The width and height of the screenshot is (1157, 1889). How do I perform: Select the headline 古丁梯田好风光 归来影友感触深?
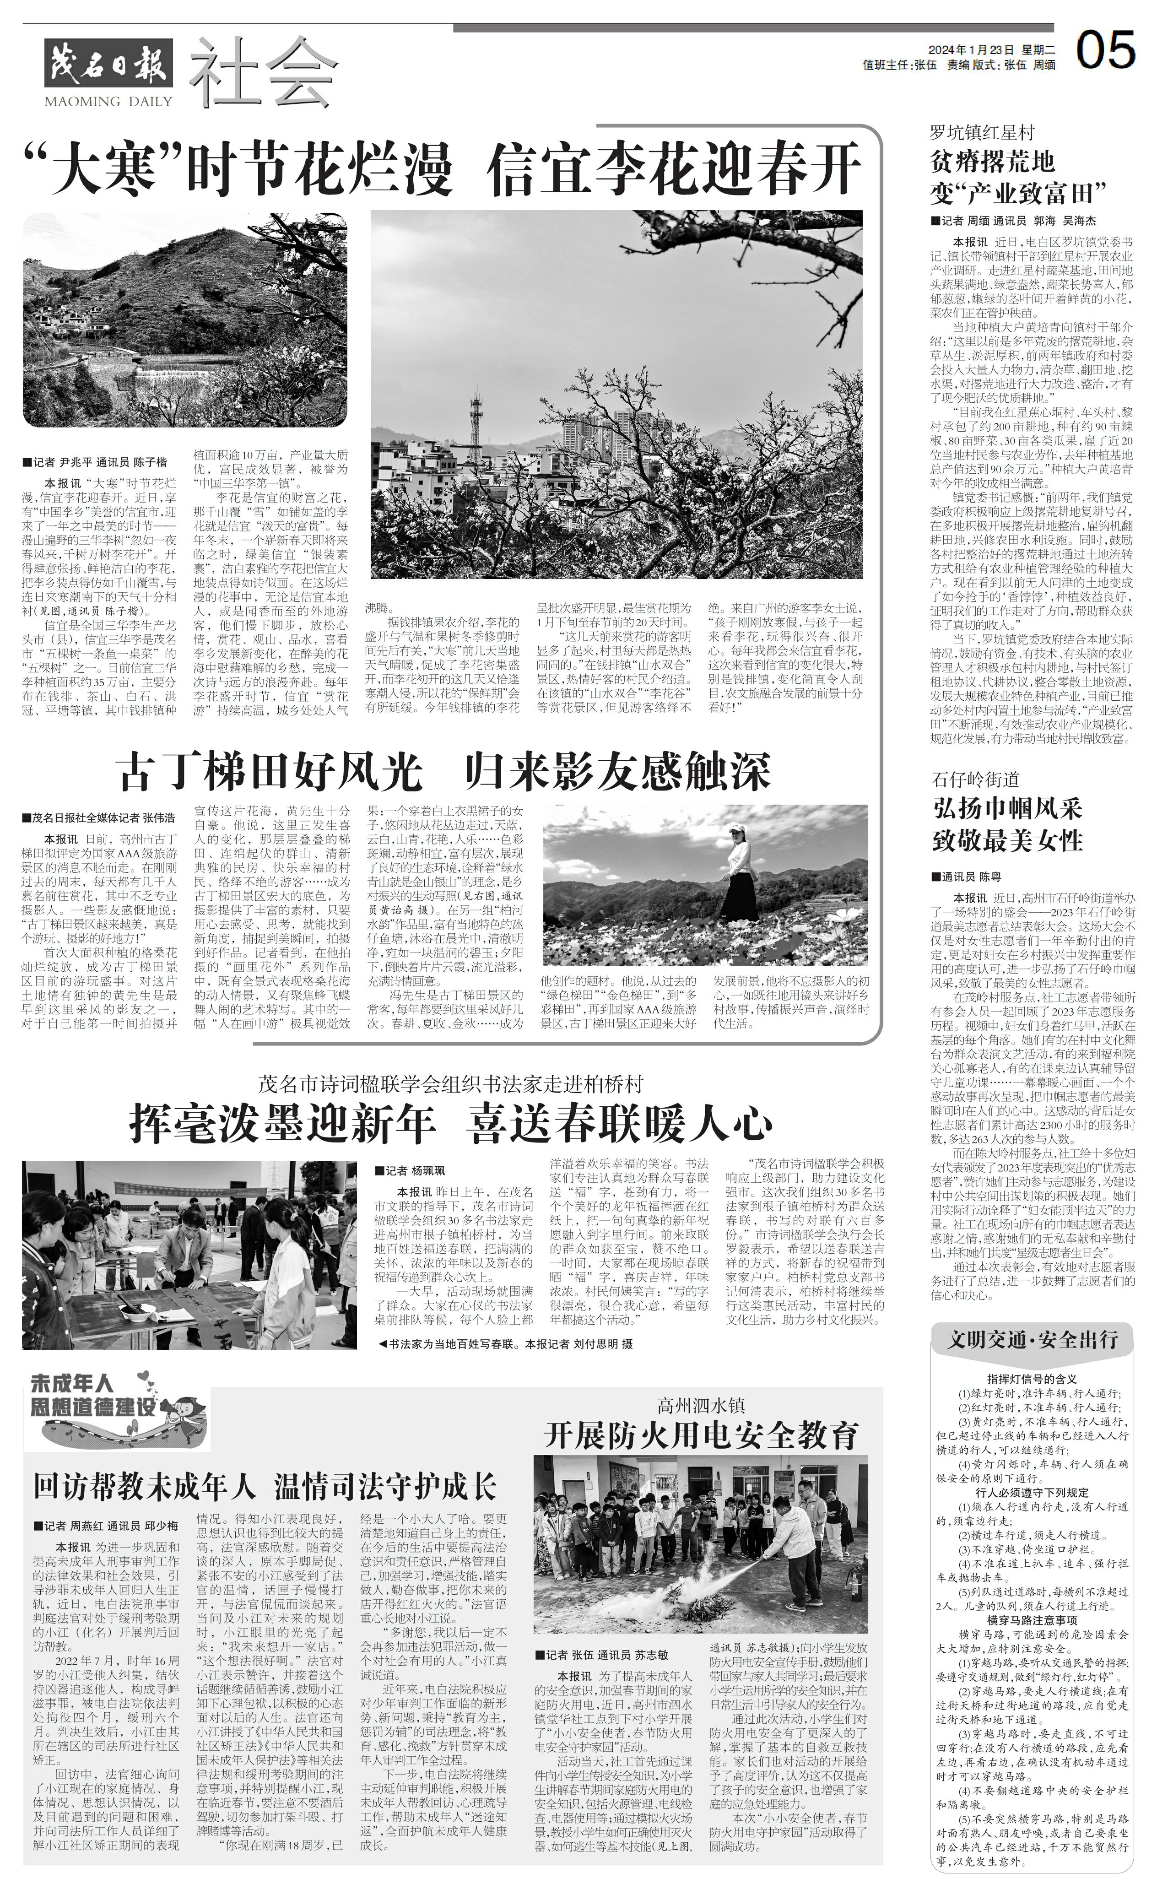pyautogui.click(x=445, y=772)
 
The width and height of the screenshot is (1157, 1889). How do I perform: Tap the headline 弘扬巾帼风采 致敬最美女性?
pyautogui.click(x=1007, y=824)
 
